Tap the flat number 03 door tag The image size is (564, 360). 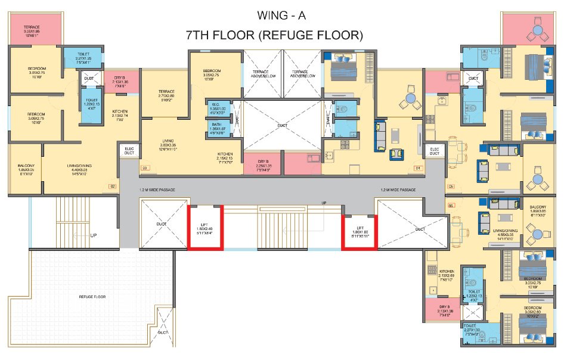click(144, 168)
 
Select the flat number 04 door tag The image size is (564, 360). click(419, 168)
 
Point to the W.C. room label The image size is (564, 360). click(217, 105)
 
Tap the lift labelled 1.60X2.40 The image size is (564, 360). click(205, 228)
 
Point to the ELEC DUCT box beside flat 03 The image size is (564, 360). click(128, 151)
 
